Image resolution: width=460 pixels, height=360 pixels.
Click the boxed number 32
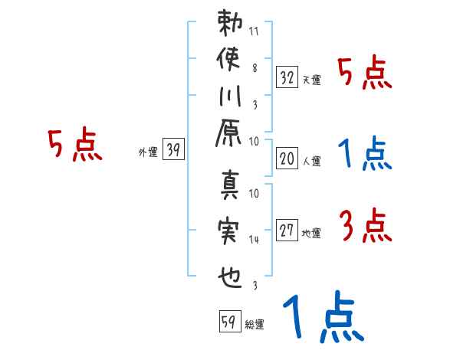click(x=287, y=77)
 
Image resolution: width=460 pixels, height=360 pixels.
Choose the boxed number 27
click(x=287, y=230)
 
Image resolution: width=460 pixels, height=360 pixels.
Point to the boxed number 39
click(x=173, y=150)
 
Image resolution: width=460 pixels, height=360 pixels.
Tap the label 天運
click(x=312, y=80)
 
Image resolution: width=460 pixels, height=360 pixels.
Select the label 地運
click(x=312, y=234)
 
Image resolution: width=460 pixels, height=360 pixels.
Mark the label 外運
click(x=148, y=152)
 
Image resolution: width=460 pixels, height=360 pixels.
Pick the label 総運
click(x=255, y=324)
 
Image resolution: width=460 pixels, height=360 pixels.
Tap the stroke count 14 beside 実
click(x=254, y=240)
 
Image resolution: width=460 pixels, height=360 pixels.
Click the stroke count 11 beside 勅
click(x=254, y=32)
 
